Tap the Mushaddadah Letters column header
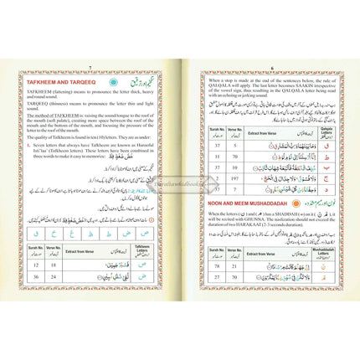point(316,249)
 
